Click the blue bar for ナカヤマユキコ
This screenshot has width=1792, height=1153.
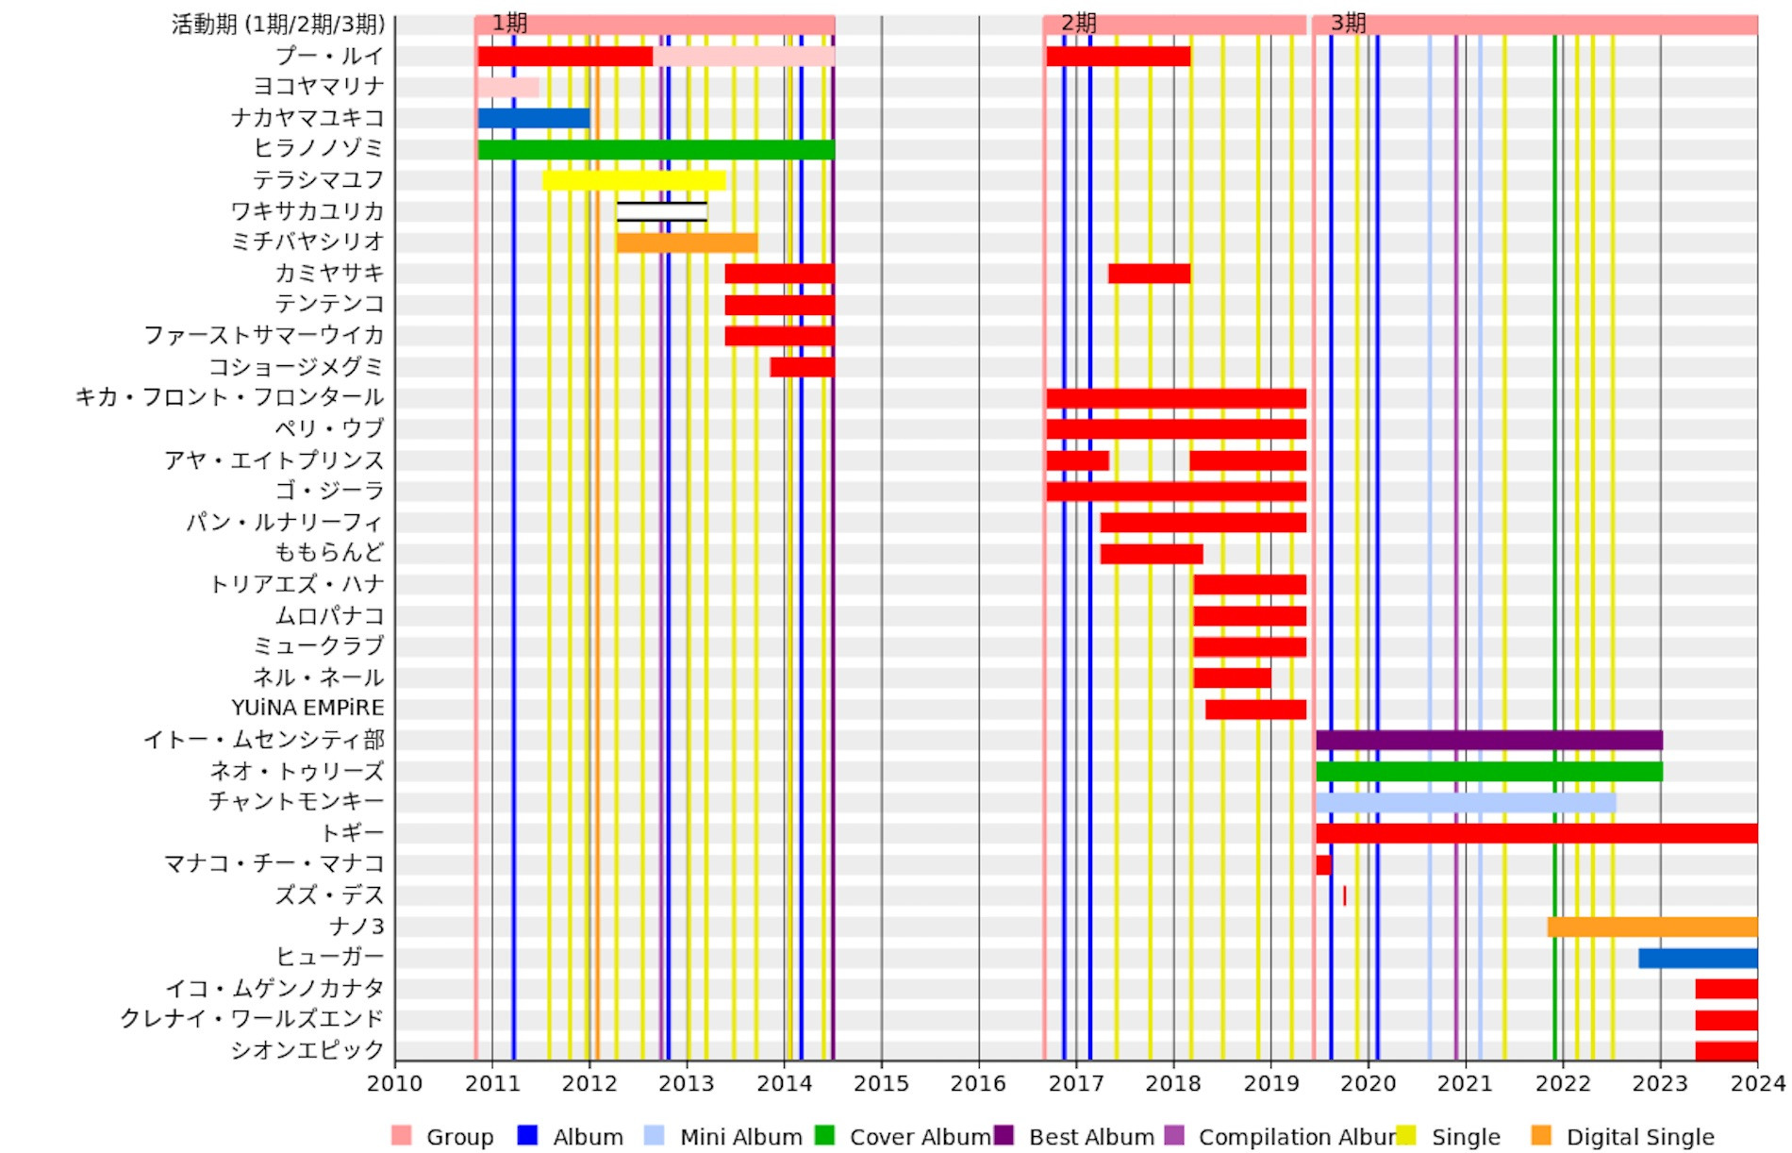[x=534, y=118]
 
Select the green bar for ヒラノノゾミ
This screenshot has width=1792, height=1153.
[x=655, y=149]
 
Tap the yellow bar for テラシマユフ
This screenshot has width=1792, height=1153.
[x=634, y=180]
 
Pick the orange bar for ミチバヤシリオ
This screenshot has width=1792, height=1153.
[x=687, y=242]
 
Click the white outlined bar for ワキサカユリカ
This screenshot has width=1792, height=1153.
[x=662, y=211]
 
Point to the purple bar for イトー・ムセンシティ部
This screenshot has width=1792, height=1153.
[x=1488, y=740]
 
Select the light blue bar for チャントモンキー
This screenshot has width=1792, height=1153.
[x=1466, y=803]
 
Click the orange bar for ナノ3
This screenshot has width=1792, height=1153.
[x=1652, y=927]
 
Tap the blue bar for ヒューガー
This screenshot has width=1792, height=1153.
[x=1698, y=958]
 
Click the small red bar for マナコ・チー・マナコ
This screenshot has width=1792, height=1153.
[x=1323, y=864]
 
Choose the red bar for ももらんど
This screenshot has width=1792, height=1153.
[x=1152, y=554]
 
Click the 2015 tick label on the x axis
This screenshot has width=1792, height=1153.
[x=881, y=1083]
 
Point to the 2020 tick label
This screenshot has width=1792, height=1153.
[x=1368, y=1083]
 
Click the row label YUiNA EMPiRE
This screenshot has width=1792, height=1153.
[x=307, y=708]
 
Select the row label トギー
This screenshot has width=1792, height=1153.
[x=353, y=833]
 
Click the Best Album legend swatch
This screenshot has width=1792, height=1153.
[x=1004, y=1135]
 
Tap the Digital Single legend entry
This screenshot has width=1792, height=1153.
[x=1639, y=1137]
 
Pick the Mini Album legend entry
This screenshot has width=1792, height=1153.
[x=740, y=1137]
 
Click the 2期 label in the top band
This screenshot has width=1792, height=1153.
[x=1078, y=23]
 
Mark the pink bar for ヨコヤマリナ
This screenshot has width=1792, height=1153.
[x=508, y=87]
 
